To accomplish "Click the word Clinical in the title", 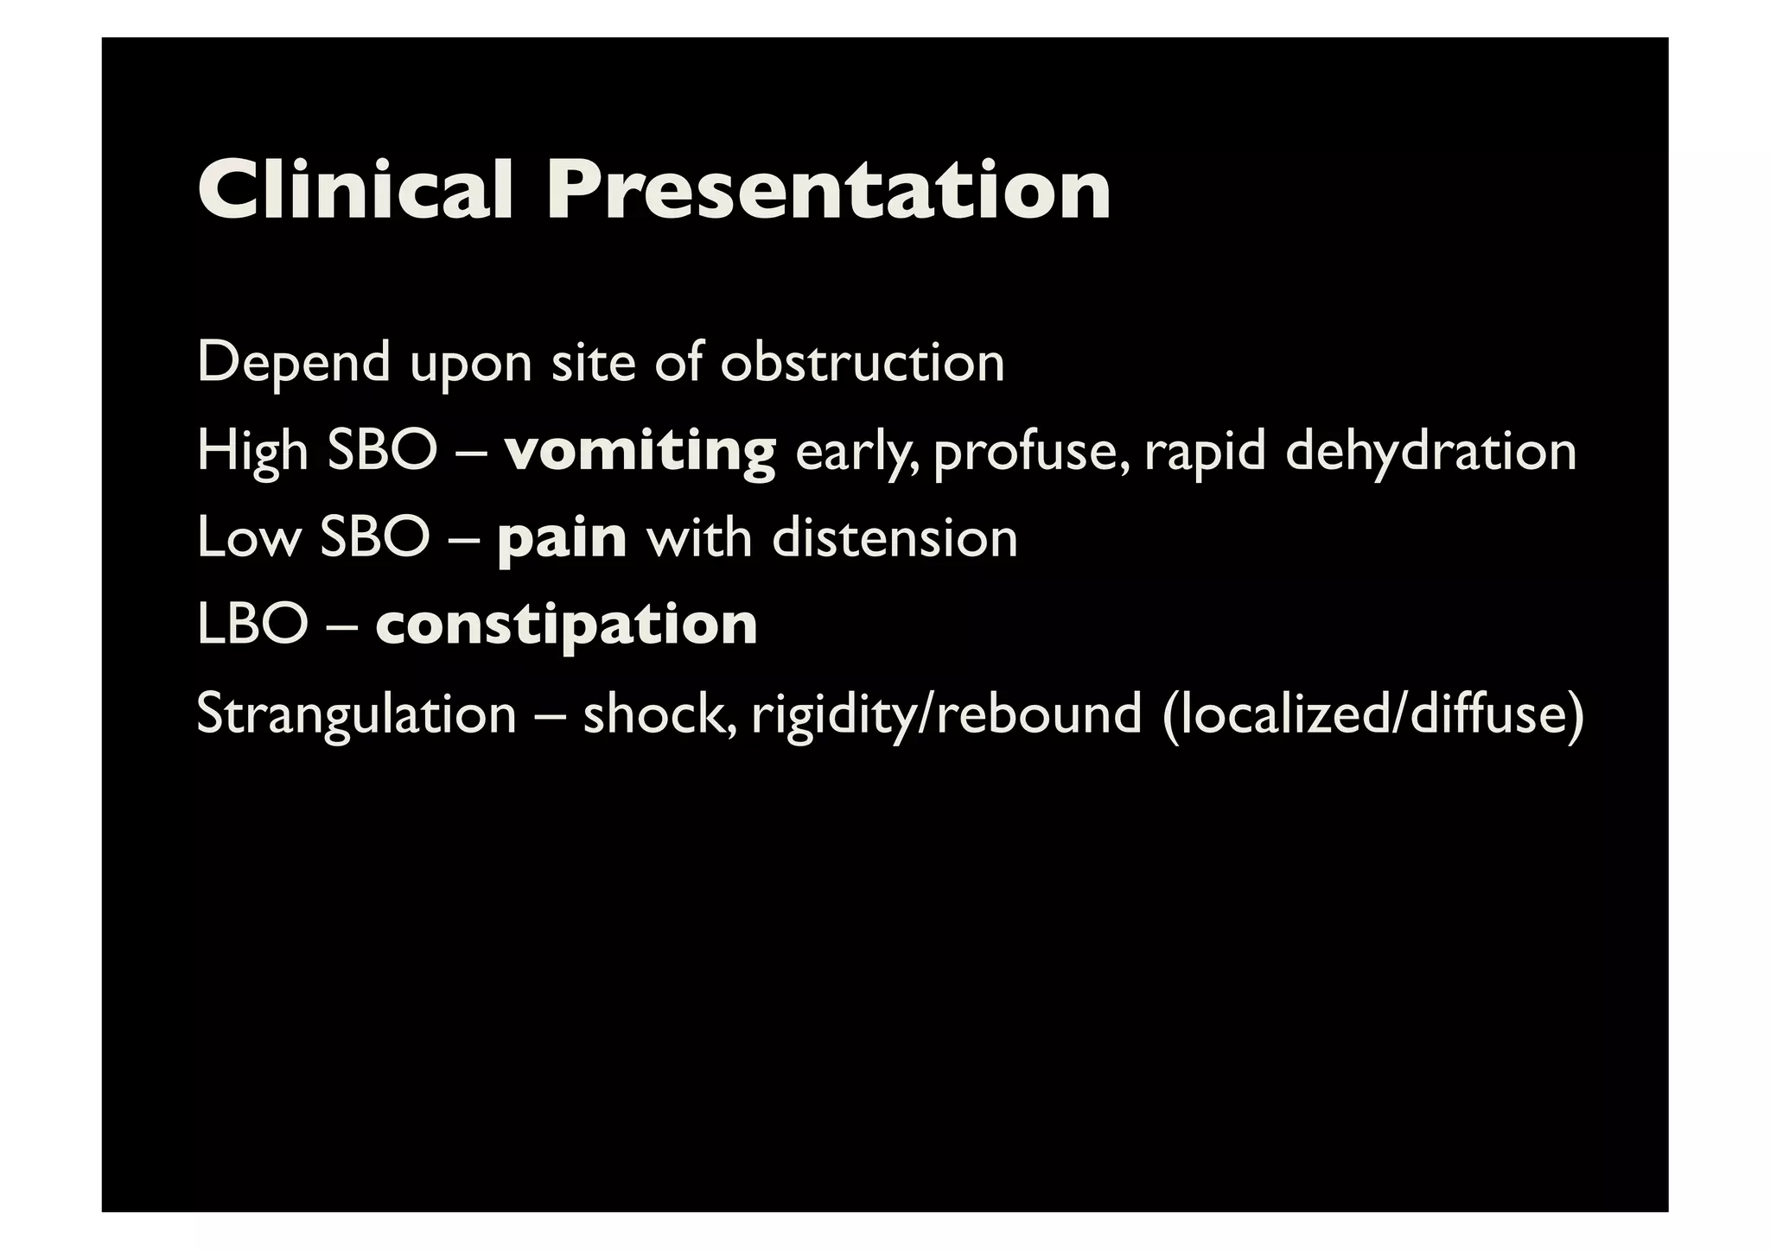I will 356,189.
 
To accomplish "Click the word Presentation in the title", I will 828,189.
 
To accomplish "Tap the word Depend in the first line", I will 294,362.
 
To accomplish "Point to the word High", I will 252,452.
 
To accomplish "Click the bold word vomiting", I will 640,452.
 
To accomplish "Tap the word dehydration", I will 1430,450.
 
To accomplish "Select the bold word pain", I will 562,539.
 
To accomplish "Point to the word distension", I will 895,537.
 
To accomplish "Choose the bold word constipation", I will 567,625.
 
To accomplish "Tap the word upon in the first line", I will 471,364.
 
